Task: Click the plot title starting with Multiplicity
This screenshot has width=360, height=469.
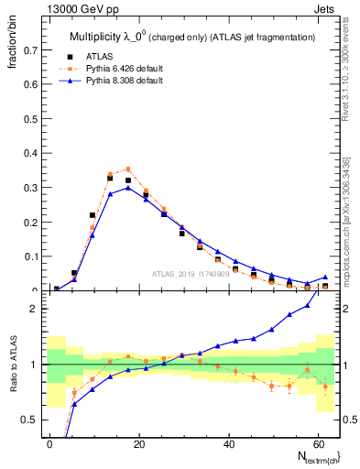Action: coord(192,37)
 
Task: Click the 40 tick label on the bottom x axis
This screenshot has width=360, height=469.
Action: coord(228,442)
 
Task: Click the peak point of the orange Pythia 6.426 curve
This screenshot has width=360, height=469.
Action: coord(128,169)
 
